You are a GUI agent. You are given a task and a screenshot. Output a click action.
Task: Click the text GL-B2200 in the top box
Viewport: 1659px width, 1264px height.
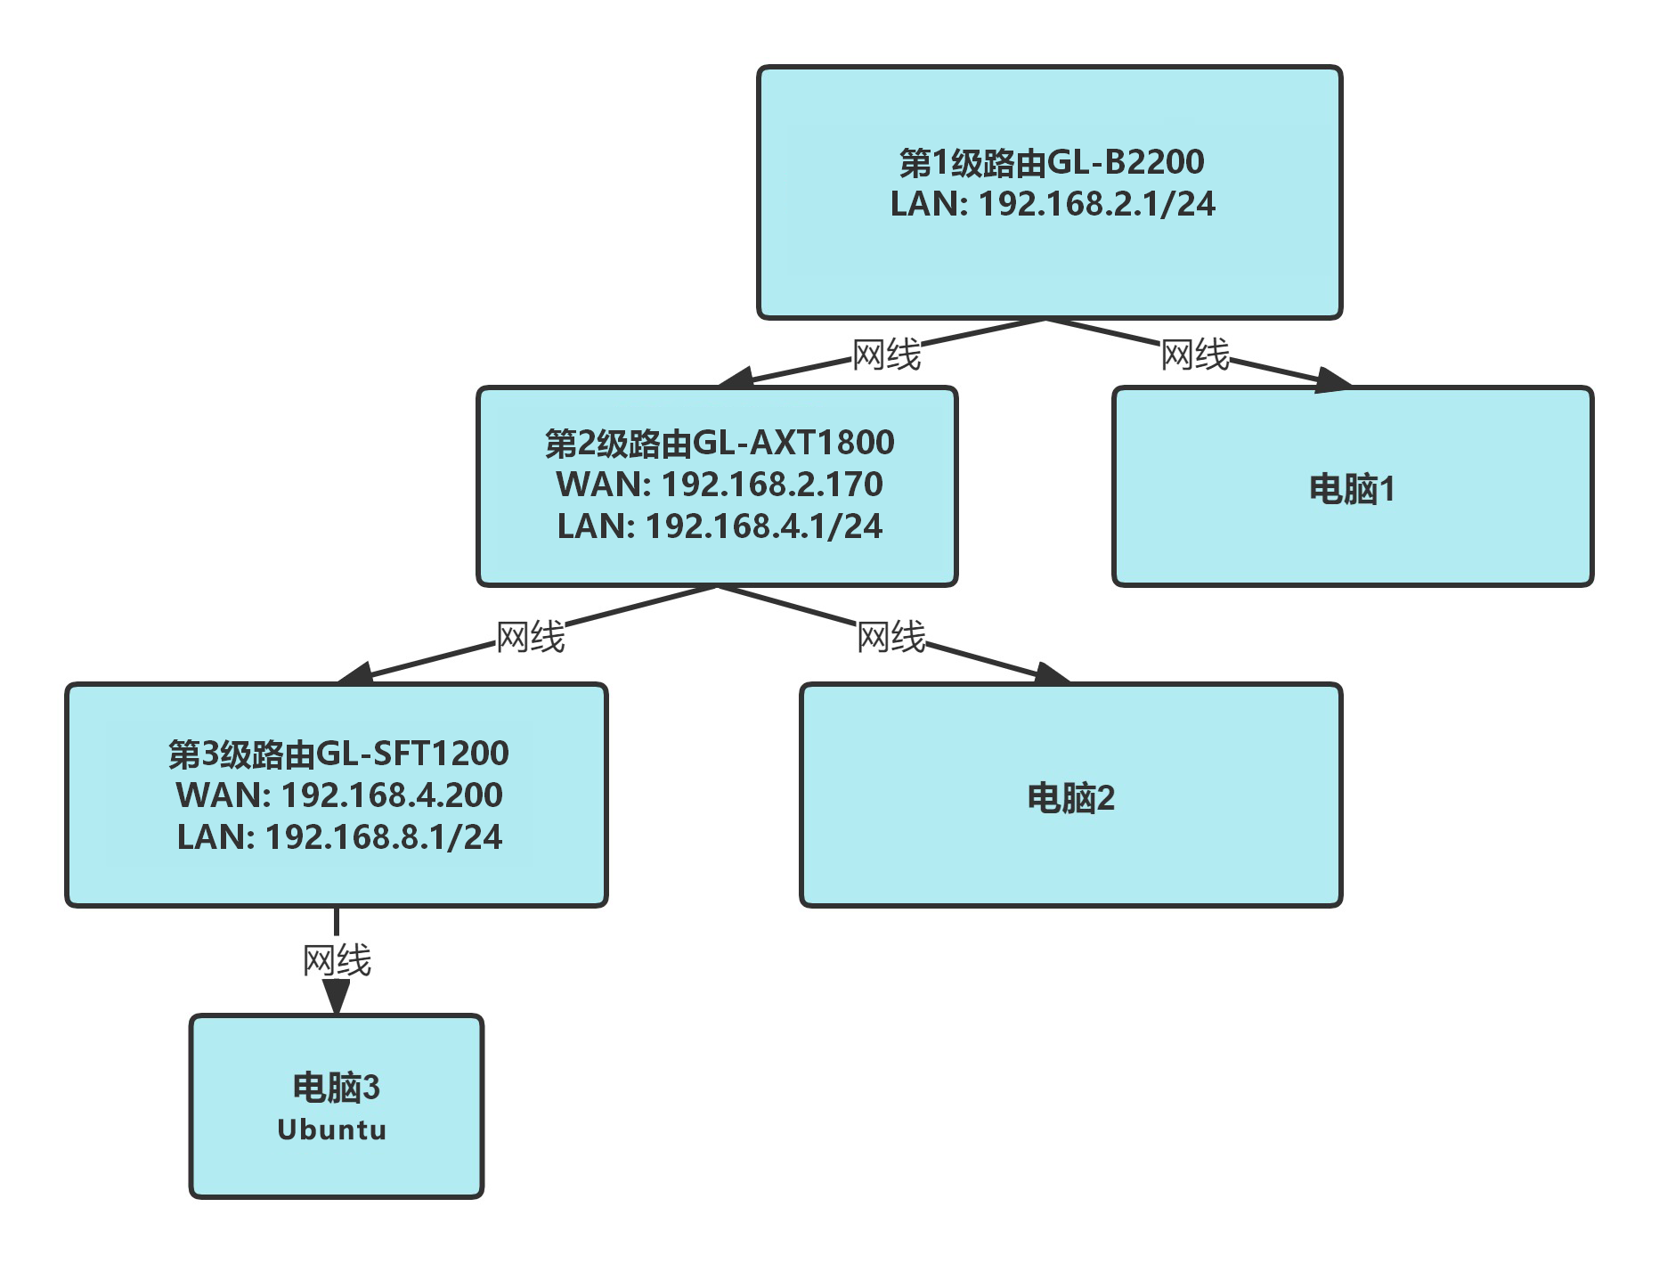pyautogui.click(x=1125, y=163)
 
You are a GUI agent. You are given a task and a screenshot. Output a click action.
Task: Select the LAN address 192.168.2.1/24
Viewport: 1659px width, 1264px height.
pyautogui.click(x=1096, y=204)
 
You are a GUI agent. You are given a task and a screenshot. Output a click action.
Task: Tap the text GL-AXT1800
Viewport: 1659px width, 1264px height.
pyautogui.click(x=793, y=443)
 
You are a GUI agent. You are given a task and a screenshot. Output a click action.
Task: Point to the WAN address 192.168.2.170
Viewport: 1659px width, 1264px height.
pyautogui.click(x=772, y=484)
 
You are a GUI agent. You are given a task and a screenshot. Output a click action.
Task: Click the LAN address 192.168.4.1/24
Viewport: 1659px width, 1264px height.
pyautogui.click(x=764, y=526)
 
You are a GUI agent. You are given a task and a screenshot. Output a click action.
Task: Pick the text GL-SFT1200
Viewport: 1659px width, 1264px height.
pyautogui.click(x=411, y=754)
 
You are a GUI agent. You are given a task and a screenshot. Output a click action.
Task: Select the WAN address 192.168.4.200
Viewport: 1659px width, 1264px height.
pyautogui.click(x=392, y=795)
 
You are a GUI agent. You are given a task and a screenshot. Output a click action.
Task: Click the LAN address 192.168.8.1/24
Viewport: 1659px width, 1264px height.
pyautogui.click(x=384, y=836)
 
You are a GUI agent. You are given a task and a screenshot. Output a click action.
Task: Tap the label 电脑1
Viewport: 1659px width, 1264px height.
pyautogui.click(x=1352, y=489)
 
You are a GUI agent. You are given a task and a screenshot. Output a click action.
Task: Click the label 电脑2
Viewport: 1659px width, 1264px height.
pyautogui.click(x=1070, y=797)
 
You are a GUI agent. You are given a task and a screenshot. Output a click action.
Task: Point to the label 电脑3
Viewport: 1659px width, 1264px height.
pyautogui.click(x=336, y=1088)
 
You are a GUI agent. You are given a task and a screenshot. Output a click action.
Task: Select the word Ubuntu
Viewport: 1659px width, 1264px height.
pyautogui.click(x=332, y=1129)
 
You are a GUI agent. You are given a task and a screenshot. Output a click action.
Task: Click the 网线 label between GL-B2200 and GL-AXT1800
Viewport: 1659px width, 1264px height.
pyautogui.click(x=886, y=355)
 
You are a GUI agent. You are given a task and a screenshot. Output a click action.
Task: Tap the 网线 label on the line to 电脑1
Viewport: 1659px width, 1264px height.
pyautogui.click(x=1195, y=355)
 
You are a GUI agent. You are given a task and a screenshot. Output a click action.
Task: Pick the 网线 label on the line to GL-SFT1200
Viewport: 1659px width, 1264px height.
pyautogui.click(x=530, y=637)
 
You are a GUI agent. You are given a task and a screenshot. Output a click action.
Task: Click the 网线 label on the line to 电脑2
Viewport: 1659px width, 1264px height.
pyautogui.click(x=890, y=637)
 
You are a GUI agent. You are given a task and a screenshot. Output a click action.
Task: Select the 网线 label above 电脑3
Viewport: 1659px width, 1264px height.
pyautogui.click(x=337, y=960)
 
